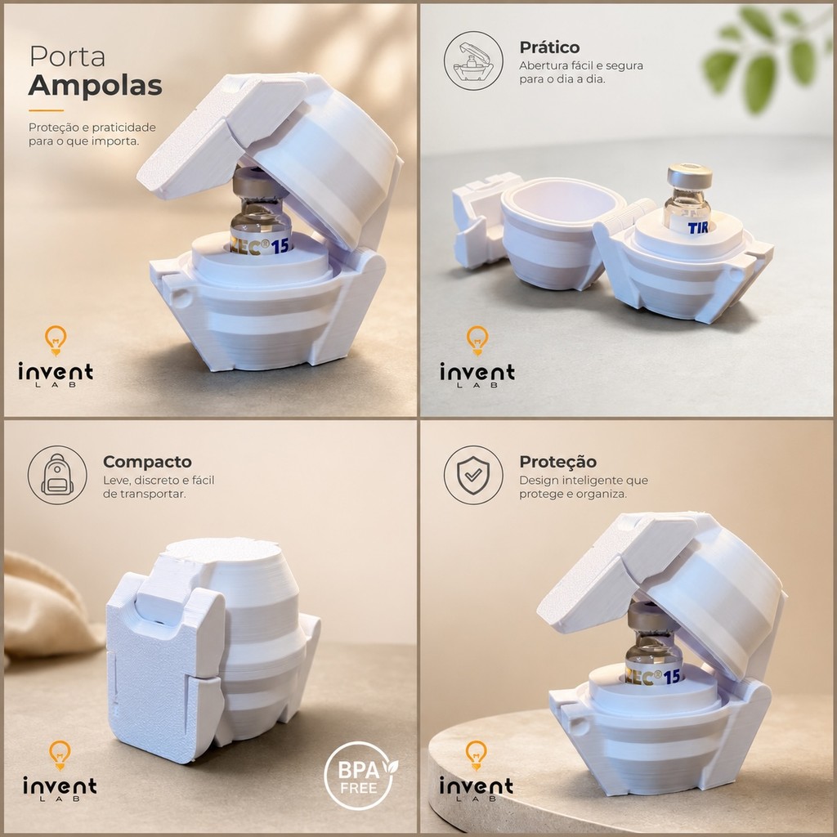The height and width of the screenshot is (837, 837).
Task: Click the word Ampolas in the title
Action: [x=95, y=85]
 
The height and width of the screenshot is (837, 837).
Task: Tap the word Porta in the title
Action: [x=67, y=56]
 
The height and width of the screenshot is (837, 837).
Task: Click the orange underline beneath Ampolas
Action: [x=46, y=110]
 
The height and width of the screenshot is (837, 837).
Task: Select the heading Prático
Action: [x=549, y=48]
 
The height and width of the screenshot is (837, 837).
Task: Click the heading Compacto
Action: [x=147, y=462]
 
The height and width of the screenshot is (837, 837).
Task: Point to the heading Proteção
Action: [x=557, y=463]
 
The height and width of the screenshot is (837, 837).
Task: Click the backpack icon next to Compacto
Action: [x=57, y=475]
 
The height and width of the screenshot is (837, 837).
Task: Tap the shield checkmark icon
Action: [x=473, y=475]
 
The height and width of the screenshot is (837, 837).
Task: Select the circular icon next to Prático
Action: [x=473, y=60]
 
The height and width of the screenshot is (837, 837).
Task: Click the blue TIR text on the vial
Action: [x=698, y=228]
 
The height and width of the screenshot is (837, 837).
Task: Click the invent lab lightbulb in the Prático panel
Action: [x=477, y=340]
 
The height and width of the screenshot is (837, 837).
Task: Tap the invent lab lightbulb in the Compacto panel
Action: [x=59, y=754]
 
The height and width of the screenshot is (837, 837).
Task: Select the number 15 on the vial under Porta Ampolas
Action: [x=280, y=246]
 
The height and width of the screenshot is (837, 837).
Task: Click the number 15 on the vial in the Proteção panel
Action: [x=671, y=676]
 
